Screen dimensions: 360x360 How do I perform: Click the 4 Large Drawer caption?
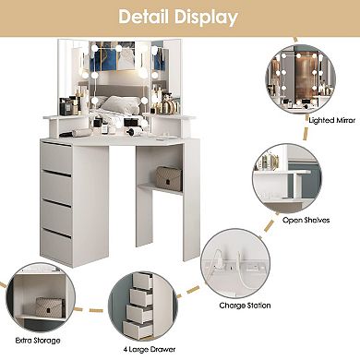[143, 350]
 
